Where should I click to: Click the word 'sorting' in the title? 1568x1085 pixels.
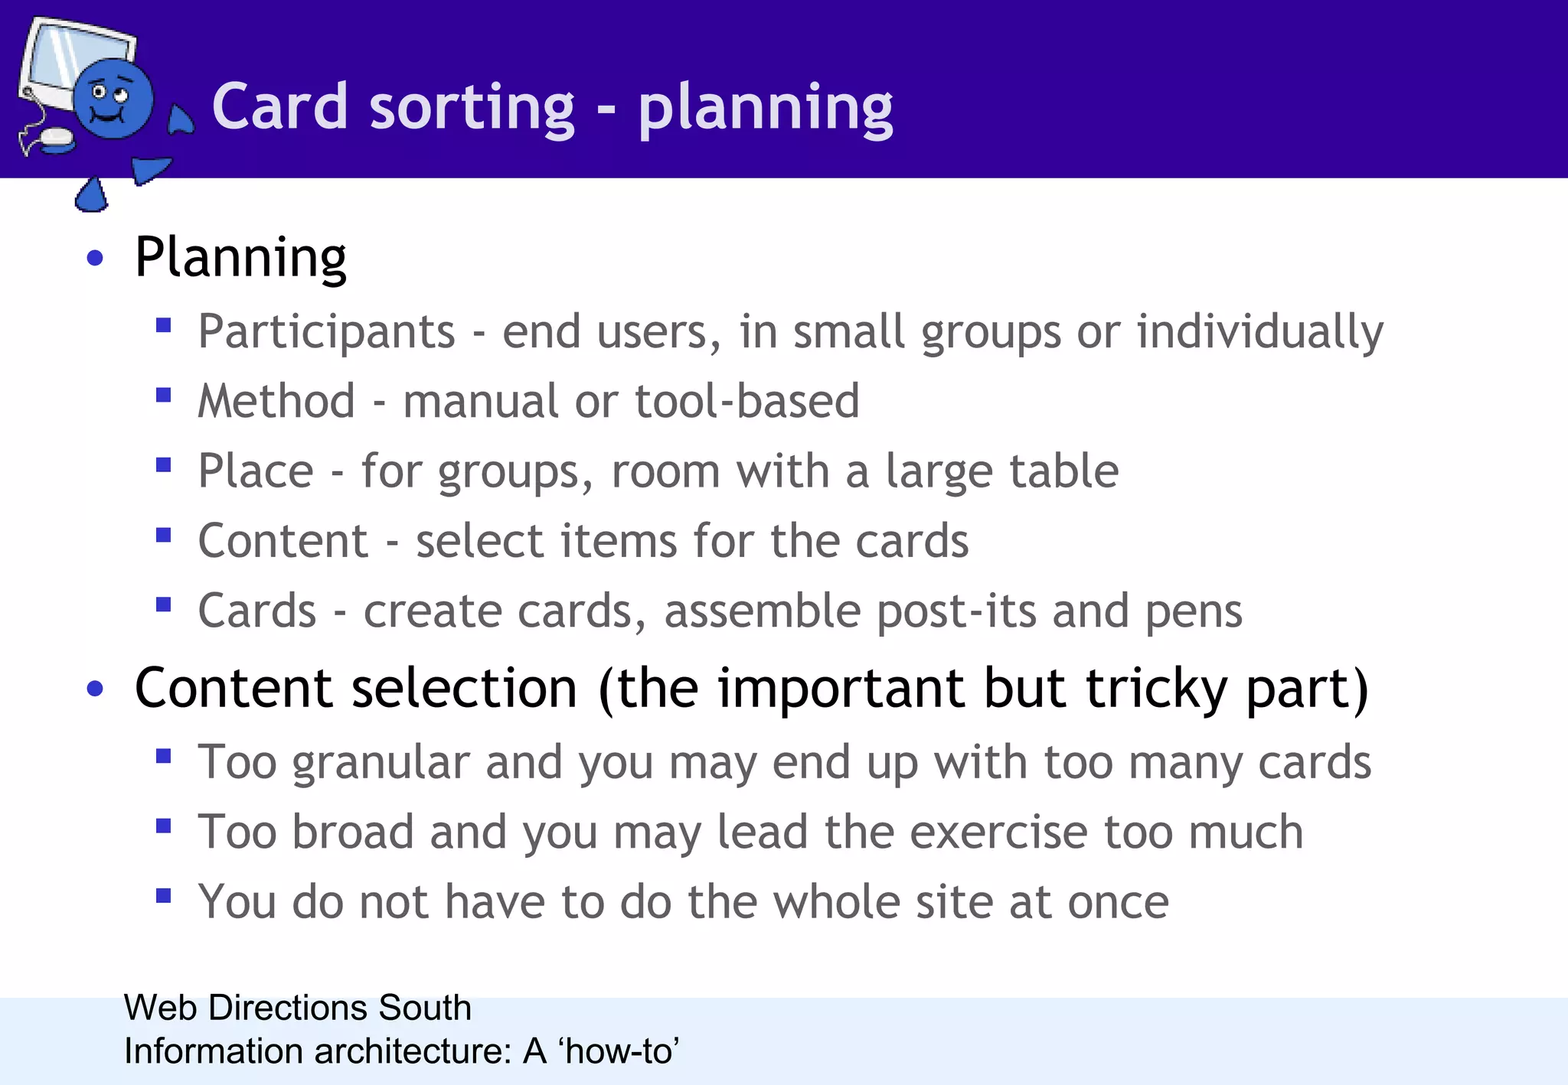coord(471,107)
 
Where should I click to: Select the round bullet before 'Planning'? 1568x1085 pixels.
coord(95,259)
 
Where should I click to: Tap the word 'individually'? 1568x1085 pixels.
coord(1259,332)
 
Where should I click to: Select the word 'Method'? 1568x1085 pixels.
coord(276,401)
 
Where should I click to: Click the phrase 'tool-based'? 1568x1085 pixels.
coord(746,401)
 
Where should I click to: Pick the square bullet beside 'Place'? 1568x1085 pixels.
coord(163,465)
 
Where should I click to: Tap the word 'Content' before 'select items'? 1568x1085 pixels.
coord(283,541)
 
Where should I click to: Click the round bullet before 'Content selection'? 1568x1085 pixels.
coord(95,689)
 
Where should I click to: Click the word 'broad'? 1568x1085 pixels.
coord(353,832)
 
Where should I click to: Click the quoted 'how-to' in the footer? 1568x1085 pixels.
coord(619,1051)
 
